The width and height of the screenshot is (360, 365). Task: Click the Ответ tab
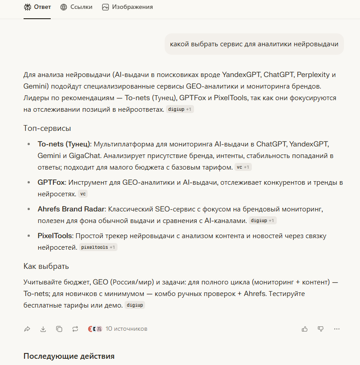[x=37, y=7]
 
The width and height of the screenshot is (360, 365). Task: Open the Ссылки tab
[x=76, y=7]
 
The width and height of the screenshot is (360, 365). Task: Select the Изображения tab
[x=127, y=7]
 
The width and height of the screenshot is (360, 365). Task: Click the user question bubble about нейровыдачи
[x=254, y=44]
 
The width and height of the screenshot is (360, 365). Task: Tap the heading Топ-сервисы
[x=47, y=128]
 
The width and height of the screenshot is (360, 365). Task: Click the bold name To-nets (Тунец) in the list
[x=64, y=144]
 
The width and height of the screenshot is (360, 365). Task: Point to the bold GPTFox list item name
[x=52, y=182]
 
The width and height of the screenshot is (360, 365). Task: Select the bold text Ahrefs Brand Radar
[x=71, y=209]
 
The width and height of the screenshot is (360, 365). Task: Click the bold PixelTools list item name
[x=55, y=236]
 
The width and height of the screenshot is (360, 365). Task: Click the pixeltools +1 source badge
[x=98, y=247]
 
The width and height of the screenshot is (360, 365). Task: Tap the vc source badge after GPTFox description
[x=83, y=194]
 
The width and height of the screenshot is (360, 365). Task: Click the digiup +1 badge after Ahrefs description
[x=263, y=221]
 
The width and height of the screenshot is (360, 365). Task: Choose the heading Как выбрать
[x=46, y=266]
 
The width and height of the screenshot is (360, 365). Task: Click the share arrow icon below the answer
[x=27, y=329]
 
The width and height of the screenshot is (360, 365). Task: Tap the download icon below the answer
[x=43, y=329]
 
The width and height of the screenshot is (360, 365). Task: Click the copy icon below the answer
[x=59, y=329]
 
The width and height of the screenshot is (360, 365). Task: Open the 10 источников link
[x=126, y=329]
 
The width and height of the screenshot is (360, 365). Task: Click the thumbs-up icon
[x=305, y=329]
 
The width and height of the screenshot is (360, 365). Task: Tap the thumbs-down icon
[x=320, y=329]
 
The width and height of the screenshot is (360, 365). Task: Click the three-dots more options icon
[x=336, y=329]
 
